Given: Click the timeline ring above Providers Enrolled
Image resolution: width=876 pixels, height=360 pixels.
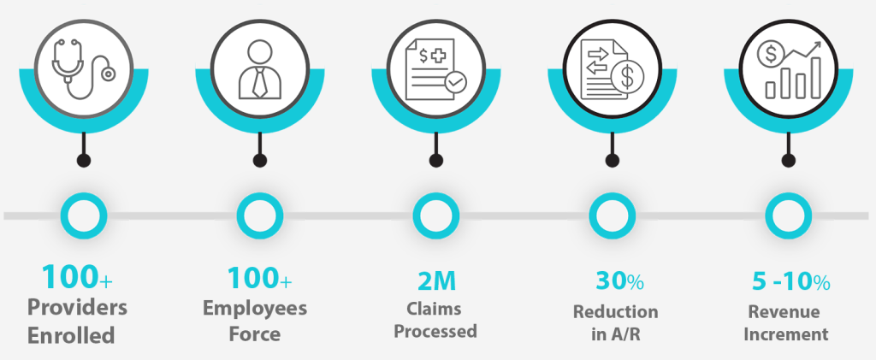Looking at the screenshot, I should coord(82,215).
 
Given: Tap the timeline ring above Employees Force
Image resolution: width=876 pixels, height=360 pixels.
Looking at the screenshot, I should coord(259,215).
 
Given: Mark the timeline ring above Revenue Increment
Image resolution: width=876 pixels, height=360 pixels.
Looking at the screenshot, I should coord(787,215).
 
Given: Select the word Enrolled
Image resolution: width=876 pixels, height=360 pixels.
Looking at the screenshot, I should coord(72,335).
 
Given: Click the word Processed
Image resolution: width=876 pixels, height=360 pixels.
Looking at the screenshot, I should coord(436,331).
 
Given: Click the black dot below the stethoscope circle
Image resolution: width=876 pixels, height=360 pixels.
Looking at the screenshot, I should coord(83,160).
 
